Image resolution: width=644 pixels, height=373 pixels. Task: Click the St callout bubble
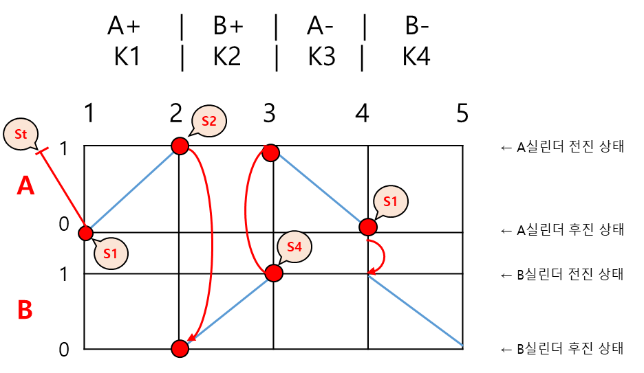21,134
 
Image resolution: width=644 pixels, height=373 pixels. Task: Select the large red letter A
25,186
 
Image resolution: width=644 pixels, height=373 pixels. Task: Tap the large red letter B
25,310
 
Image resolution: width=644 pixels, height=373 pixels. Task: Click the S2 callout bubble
209,122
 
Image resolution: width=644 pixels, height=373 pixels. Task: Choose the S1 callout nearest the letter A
111,253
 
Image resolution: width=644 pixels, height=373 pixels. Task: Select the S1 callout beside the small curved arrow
391,201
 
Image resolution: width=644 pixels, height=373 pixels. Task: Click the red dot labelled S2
180,146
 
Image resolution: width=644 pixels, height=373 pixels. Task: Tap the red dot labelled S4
274,273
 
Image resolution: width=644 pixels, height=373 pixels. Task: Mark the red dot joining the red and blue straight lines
85,234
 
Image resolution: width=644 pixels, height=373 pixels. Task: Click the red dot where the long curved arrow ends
180,349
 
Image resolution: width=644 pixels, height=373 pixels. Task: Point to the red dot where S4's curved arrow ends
271,153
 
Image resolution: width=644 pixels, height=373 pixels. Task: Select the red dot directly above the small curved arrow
368,227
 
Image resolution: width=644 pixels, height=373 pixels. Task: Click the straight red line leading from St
64,191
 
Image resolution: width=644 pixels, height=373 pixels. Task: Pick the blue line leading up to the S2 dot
132,190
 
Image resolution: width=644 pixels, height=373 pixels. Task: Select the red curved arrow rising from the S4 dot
246,210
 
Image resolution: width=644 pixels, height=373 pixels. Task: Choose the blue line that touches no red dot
416,310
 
